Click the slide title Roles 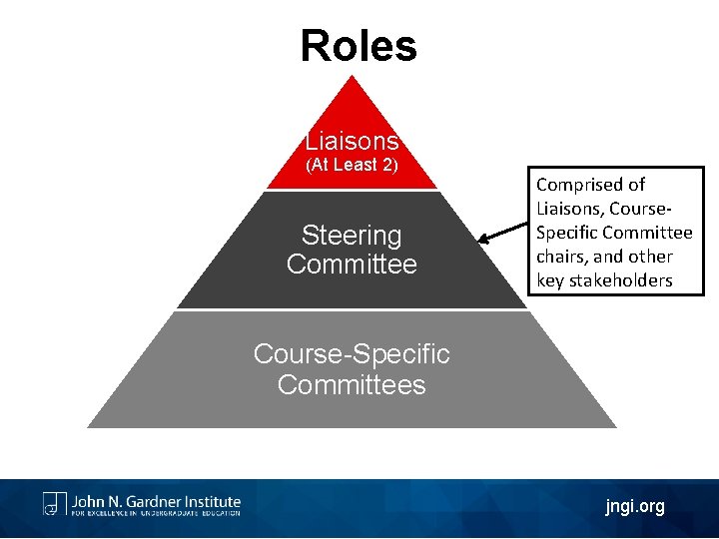(359, 46)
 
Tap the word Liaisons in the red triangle (352, 141)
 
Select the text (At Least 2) (352, 165)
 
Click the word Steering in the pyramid (352, 236)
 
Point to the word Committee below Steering (352, 265)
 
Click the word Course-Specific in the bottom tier (352, 354)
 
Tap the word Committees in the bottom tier (352, 385)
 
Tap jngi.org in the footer (634, 507)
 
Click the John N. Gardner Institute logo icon (54, 503)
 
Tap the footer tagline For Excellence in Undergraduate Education (155, 514)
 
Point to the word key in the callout (550, 280)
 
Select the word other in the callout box (648, 257)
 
